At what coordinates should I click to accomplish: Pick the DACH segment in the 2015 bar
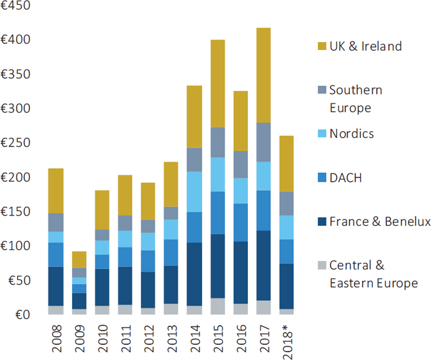point(217,212)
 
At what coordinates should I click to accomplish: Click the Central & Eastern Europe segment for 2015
point(217,306)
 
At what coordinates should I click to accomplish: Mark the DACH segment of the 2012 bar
point(148,261)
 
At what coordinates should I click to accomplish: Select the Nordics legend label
point(351,134)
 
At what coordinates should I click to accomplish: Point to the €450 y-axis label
point(16,6)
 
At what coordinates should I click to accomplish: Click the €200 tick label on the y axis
point(16,178)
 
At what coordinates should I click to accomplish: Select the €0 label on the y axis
point(22,315)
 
